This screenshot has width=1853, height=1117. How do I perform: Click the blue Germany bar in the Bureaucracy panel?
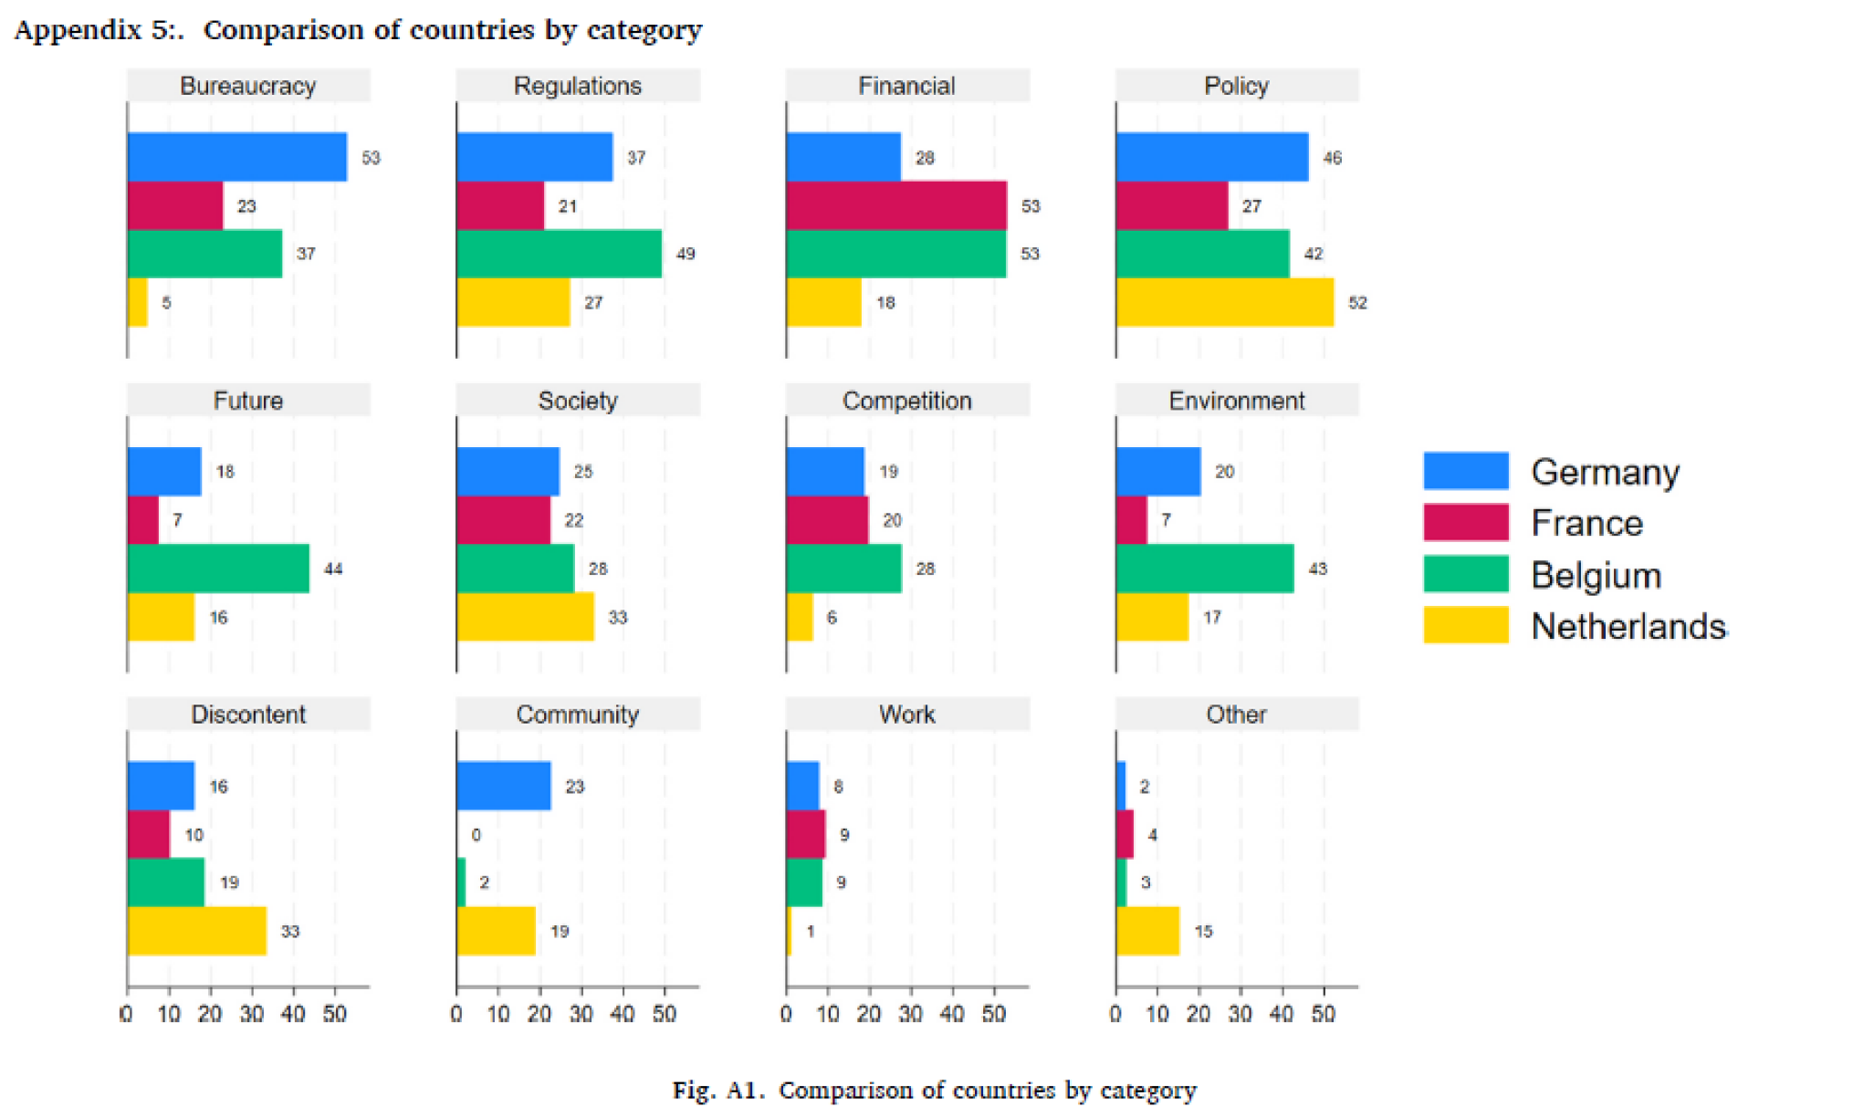point(237,157)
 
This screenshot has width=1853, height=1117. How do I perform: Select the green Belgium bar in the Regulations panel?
point(559,254)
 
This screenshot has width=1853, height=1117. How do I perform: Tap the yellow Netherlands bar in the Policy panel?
point(1224,302)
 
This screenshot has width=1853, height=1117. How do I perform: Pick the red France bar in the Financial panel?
point(895,205)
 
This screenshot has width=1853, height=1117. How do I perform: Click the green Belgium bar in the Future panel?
point(218,569)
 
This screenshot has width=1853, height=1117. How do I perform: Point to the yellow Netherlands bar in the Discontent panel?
point(197,931)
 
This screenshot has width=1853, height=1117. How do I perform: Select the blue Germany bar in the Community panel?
point(504,786)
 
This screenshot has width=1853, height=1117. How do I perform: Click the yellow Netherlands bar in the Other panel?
point(1147,931)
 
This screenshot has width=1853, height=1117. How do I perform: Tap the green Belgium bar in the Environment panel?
point(1204,569)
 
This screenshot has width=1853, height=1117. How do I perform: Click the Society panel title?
point(578,401)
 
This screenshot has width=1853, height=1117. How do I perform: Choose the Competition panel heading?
point(906,401)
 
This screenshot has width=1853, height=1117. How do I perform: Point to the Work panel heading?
point(906,715)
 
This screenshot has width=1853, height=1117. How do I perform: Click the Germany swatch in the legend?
point(1465,471)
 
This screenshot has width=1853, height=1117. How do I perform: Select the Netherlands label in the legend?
point(1628,626)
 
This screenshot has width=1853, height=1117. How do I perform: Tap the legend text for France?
point(1586,523)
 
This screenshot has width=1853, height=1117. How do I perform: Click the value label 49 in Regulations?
point(686,254)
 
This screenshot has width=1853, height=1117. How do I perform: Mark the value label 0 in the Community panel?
point(476,835)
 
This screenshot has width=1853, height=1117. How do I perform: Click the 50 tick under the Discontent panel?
point(334,1014)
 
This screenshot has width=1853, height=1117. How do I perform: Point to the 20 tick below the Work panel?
point(868,1014)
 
